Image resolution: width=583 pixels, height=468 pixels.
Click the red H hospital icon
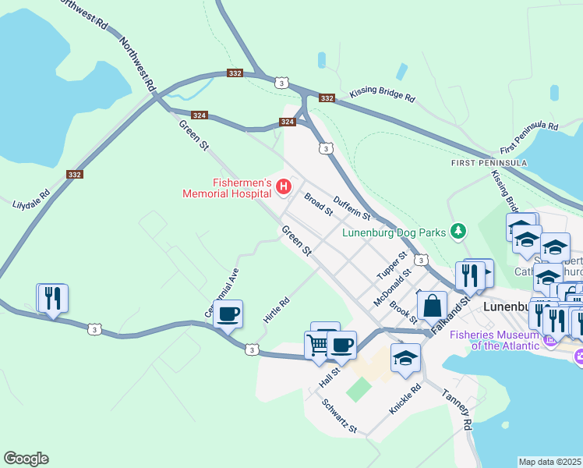[x=284, y=186]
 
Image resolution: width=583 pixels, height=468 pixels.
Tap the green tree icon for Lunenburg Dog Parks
[x=459, y=232]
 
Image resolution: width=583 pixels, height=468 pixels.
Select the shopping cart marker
[x=318, y=345]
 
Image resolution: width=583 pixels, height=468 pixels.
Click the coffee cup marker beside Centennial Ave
[x=228, y=314]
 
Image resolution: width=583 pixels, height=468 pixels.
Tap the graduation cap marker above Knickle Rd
[x=405, y=358]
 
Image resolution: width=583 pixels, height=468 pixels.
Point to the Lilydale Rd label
[x=31, y=200]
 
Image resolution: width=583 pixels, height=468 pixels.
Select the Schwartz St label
[x=339, y=416]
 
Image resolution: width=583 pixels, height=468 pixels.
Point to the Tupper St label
[x=392, y=266]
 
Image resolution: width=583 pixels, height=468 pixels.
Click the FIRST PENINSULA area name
[x=489, y=163]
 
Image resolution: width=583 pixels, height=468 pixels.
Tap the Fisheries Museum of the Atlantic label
[x=495, y=340]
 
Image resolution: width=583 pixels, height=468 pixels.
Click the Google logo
[x=26, y=459]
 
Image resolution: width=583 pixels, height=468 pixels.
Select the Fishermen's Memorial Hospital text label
[x=226, y=187]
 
